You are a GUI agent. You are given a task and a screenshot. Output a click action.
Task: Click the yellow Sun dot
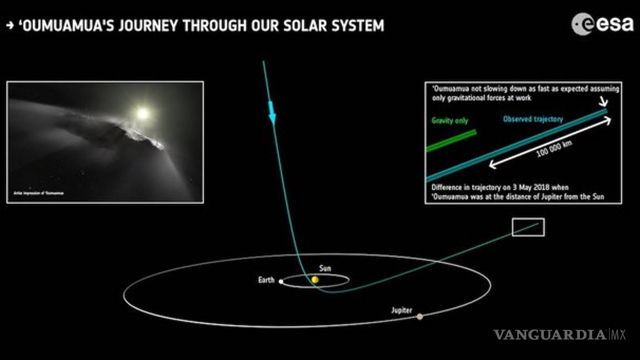(x=315, y=279)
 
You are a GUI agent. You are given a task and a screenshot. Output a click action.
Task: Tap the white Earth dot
(x=281, y=282)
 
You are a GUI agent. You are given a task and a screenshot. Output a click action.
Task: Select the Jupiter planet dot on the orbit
(x=419, y=317)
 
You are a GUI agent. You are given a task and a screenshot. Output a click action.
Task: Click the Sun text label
(x=326, y=269)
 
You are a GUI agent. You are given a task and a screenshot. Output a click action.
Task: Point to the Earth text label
(x=266, y=280)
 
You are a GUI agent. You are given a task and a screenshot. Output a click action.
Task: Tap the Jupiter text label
(x=401, y=311)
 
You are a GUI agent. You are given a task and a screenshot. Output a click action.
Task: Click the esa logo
(x=603, y=24)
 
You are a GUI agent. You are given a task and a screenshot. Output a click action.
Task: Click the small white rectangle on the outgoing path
(x=528, y=227)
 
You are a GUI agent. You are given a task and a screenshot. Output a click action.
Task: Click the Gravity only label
(x=449, y=121)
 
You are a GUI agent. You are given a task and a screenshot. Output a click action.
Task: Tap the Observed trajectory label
(x=533, y=119)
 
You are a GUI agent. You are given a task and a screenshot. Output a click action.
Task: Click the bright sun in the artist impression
(x=143, y=113)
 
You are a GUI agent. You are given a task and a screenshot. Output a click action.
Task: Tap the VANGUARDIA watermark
(x=550, y=334)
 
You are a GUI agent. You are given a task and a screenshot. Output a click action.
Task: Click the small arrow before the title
(x=9, y=26)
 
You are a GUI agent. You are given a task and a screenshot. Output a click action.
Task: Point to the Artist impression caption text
(x=31, y=193)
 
